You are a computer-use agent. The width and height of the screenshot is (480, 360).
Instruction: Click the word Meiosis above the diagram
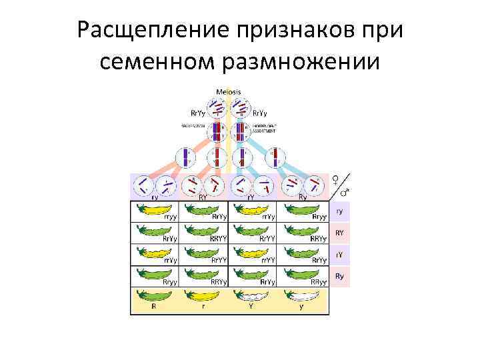point(229,92)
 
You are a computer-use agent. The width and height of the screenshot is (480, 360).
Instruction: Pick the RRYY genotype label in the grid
point(219,239)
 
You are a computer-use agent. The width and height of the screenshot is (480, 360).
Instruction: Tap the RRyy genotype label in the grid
point(317,282)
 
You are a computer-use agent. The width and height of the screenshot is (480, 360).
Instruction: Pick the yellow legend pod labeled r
point(202,296)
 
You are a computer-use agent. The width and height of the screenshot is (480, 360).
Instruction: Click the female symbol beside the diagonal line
point(336,179)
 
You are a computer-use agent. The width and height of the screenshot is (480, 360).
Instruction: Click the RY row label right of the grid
point(339,233)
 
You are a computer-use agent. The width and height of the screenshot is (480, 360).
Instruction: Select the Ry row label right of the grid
point(339,276)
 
